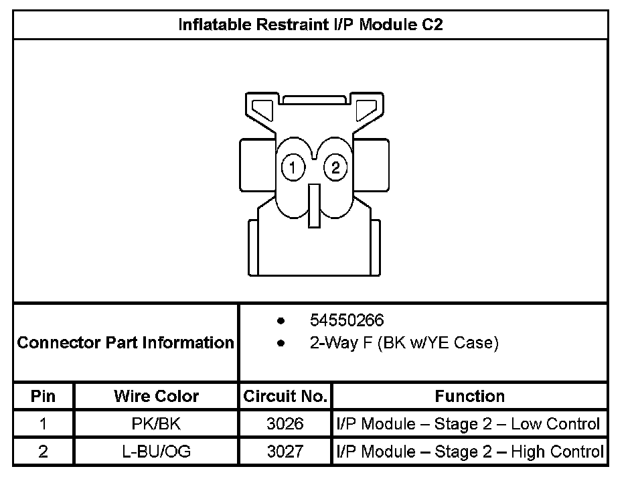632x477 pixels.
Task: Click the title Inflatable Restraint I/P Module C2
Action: pyautogui.click(x=311, y=25)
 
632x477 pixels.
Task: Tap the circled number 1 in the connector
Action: pyautogui.click(x=293, y=167)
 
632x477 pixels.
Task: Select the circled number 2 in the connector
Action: pyautogui.click(x=335, y=167)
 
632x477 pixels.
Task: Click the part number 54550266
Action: pyautogui.click(x=347, y=320)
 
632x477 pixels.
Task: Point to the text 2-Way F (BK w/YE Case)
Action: pyautogui.click(x=404, y=344)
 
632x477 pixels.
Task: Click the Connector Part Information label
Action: pyautogui.click(x=125, y=343)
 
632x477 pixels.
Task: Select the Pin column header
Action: pyautogui.click(x=43, y=396)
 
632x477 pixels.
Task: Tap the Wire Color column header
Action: pyautogui.click(x=156, y=396)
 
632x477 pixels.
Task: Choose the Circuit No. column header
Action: pyautogui.click(x=285, y=396)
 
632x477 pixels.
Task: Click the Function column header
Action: pyautogui.click(x=469, y=396)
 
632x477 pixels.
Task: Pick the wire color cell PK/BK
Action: pyautogui.click(x=156, y=424)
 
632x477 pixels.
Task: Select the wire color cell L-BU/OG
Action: pyautogui.click(x=156, y=452)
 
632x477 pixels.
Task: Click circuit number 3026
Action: pyautogui.click(x=285, y=424)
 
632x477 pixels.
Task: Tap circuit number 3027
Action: pyautogui.click(x=285, y=452)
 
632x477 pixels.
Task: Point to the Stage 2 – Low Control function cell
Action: pyautogui.click(x=469, y=424)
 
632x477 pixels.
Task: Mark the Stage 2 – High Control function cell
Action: pyautogui.click(x=469, y=452)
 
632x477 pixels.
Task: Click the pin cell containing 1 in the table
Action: pyautogui.click(x=43, y=424)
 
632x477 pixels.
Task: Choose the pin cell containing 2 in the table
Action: pyautogui.click(x=43, y=452)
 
